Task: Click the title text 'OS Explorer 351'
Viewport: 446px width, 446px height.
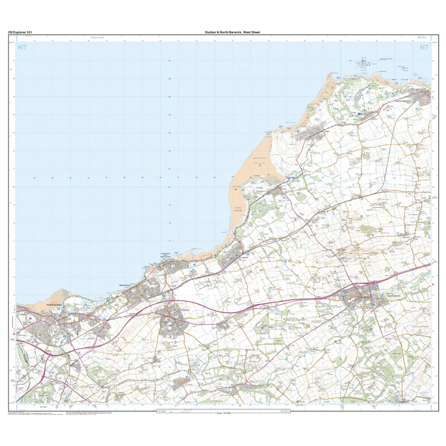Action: point(20,32)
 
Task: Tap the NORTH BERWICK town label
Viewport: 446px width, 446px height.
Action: point(403,101)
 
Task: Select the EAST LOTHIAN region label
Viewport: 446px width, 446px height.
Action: point(421,326)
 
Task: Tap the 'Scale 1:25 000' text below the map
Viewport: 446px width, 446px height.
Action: point(225,413)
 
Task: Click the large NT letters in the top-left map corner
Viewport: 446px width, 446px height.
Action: point(22,47)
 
